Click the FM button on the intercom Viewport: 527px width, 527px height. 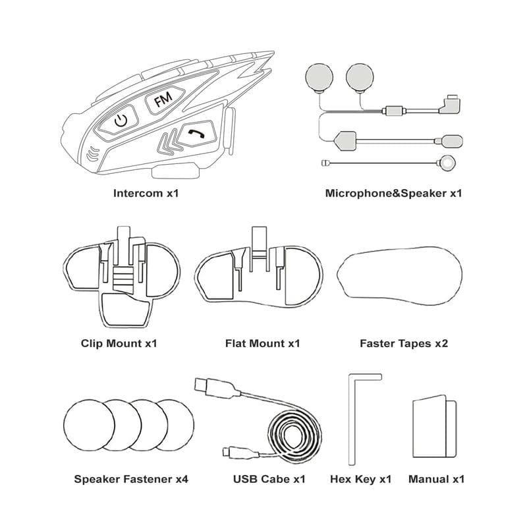[160, 101]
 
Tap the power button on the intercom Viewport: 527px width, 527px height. [119, 120]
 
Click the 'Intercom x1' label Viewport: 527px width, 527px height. [146, 194]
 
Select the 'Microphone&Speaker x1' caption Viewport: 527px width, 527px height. [393, 194]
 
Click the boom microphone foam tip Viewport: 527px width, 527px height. [453, 140]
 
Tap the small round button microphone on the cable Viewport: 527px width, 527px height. [448, 163]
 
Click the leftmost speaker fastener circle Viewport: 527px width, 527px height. [84, 423]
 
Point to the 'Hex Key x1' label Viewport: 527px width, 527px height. [360, 479]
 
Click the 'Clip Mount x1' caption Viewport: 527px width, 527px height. [119, 343]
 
